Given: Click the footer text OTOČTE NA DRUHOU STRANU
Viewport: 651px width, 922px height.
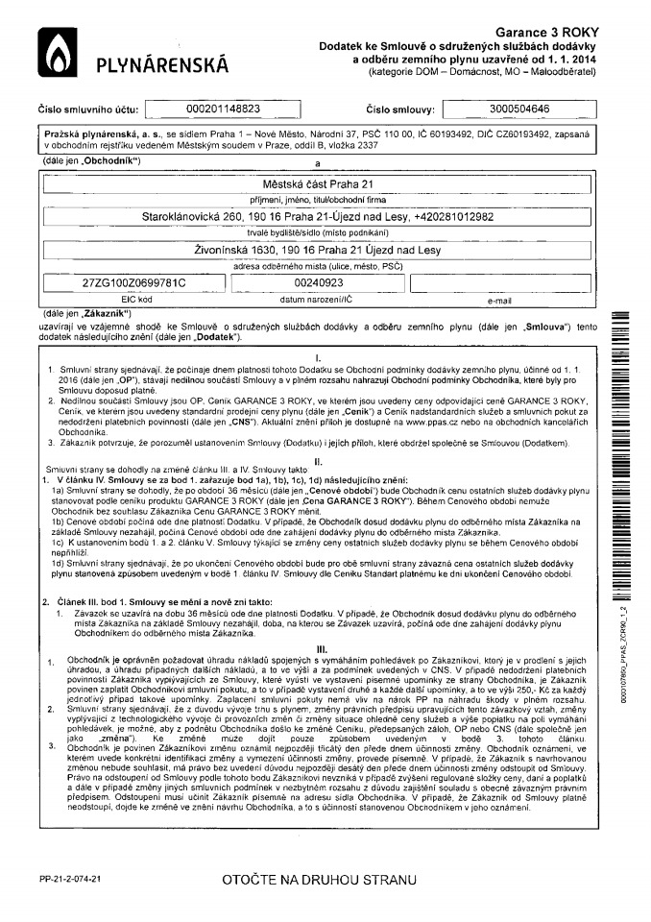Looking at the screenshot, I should tap(320, 879).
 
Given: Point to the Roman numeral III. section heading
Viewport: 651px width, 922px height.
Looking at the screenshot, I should tap(322, 649).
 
